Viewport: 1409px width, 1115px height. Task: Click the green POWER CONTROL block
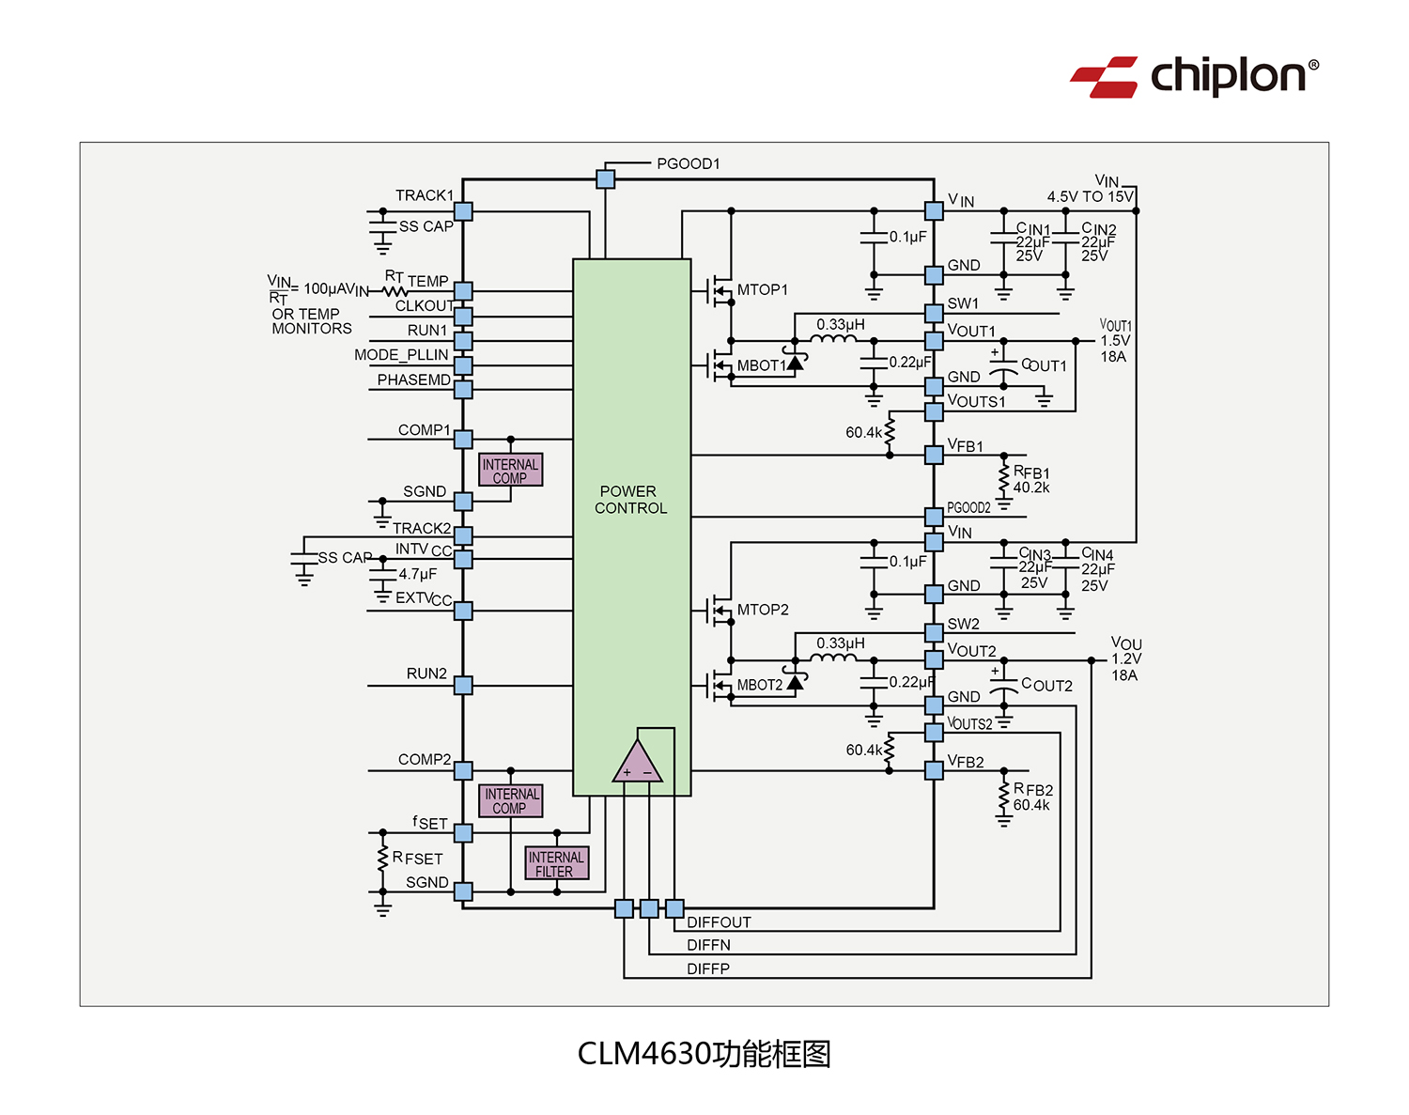coord(631,500)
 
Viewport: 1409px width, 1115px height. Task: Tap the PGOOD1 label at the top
coord(688,163)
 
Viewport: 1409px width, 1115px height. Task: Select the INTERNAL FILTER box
coord(556,863)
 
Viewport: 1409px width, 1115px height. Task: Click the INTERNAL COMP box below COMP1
coord(510,470)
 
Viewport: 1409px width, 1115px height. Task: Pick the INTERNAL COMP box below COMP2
coord(510,800)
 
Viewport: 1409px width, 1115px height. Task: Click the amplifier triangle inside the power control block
coord(637,764)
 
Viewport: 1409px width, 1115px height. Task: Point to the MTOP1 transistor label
coord(762,290)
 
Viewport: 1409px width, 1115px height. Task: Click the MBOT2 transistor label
coord(759,685)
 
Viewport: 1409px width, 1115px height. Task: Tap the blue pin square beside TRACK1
coord(463,212)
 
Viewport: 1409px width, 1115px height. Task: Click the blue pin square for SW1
coord(934,313)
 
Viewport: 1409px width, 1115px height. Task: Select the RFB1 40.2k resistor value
coord(1031,488)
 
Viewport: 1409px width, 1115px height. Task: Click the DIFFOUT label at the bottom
coord(719,922)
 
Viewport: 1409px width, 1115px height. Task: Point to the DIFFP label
coord(707,968)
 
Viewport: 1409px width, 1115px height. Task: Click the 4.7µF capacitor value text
coord(417,574)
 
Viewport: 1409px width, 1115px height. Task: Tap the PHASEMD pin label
coord(413,379)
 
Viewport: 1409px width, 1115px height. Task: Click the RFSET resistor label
coord(417,858)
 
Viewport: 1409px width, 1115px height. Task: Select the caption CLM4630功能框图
coord(704,1054)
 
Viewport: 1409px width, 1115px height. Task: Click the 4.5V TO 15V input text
coord(1090,196)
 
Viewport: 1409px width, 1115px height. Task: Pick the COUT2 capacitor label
coord(1046,686)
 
